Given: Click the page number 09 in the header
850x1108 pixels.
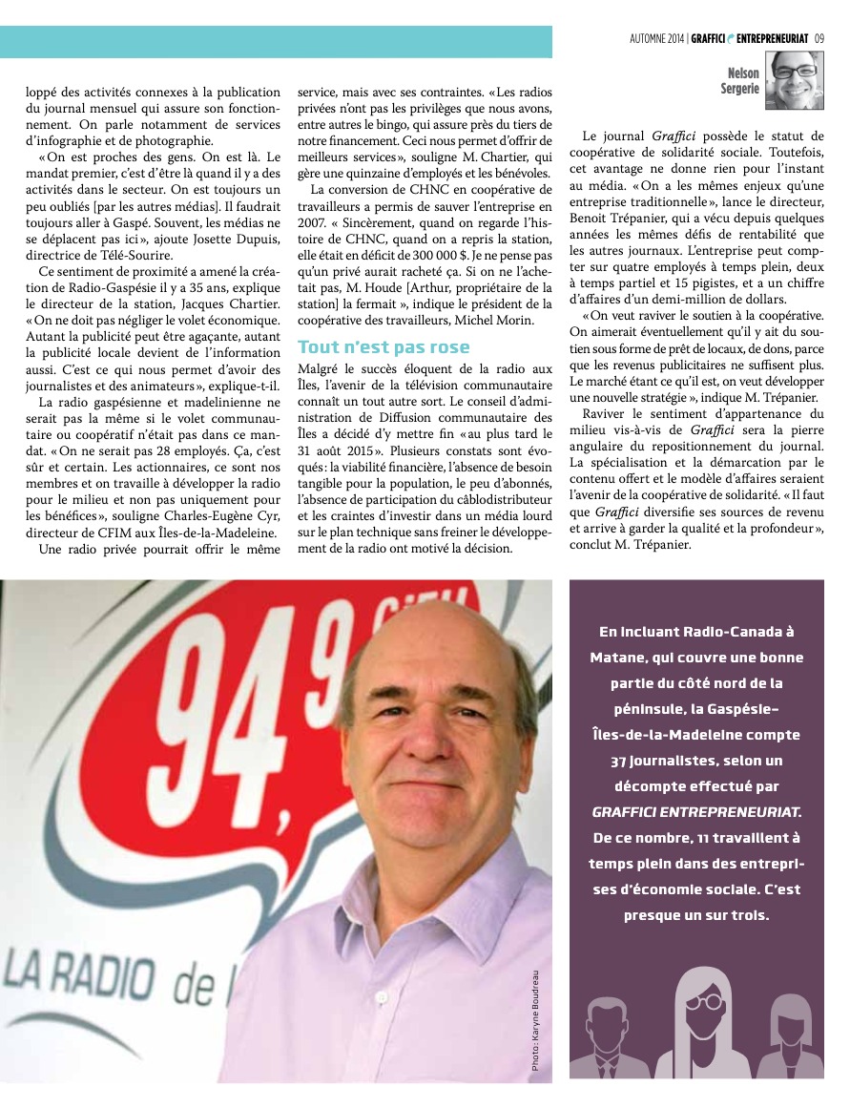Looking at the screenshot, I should [x=819, y=38].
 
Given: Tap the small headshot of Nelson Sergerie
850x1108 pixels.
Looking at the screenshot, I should [x=794, y=77].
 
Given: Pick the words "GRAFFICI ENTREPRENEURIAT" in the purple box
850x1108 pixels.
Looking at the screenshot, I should [x=697, y=811].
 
